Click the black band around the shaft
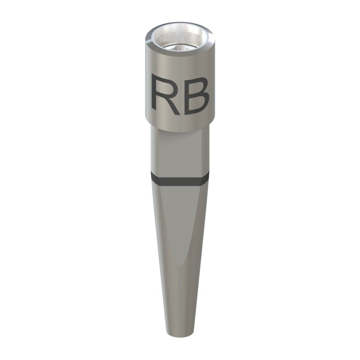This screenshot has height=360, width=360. [x=180, y=180]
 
